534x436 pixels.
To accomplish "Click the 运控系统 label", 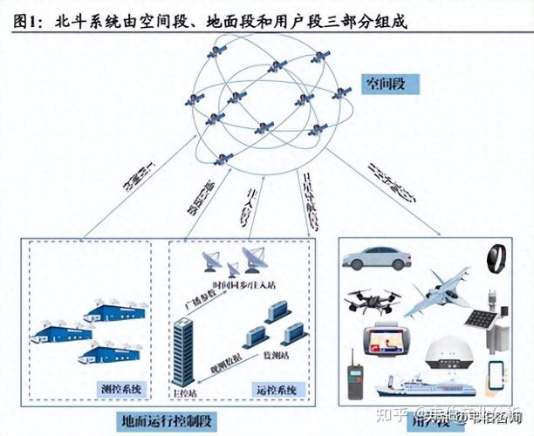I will (279, 387).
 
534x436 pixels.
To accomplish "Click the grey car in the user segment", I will (376, 258).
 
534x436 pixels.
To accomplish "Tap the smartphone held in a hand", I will (496, 376).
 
